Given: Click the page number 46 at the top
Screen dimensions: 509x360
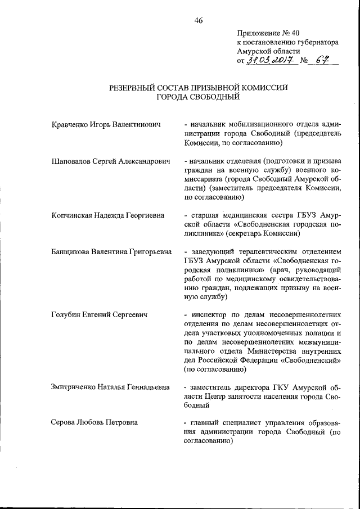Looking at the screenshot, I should (198, 21).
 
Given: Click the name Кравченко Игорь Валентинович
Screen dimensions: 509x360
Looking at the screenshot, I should (102, 124).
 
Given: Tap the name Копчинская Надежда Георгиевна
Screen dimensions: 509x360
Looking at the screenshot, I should (105, 215).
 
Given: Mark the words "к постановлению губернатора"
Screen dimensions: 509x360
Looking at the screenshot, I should (287, 42).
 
